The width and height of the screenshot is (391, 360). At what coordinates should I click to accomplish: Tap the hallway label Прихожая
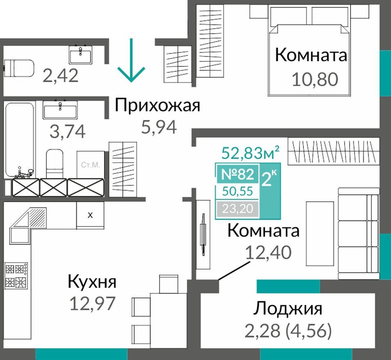[x=158, y=106]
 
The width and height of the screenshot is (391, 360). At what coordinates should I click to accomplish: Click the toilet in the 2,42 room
[x=18, y=67]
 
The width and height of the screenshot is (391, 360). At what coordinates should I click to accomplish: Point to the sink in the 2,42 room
[x=81, y=54]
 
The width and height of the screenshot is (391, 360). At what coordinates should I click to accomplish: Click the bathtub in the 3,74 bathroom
[x=20, y=139]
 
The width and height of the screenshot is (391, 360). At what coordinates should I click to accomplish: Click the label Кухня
[x=92, y=282]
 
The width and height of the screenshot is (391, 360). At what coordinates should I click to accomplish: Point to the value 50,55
[x=237, y=191]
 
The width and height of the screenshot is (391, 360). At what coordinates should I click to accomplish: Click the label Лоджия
[x=287, y=309]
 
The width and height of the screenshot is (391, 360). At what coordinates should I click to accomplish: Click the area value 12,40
[x=268, y=252]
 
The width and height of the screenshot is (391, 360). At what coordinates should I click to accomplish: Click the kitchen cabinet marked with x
[x=90, y=215]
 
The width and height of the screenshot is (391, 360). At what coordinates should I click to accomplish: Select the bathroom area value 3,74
[x=68, y=131]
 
